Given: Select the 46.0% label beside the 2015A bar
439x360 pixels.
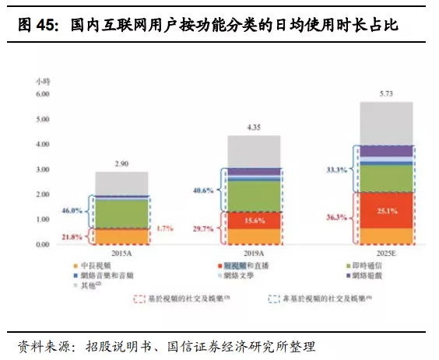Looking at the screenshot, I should click(72, 210).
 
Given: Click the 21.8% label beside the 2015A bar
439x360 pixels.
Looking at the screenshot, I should click(72, 236).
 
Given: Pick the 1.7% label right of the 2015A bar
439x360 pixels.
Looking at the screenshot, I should click(165, 229).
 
